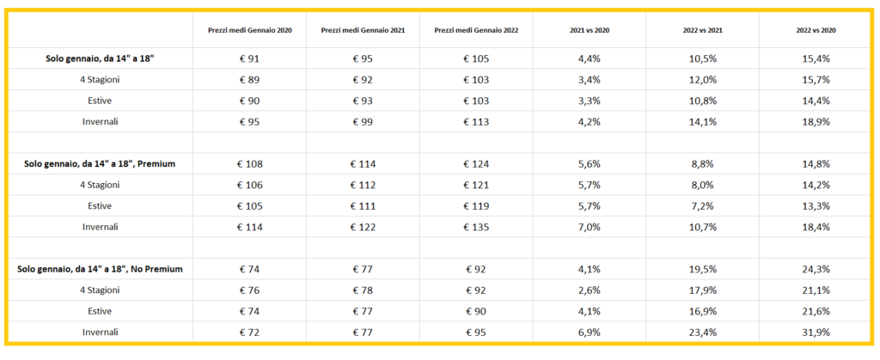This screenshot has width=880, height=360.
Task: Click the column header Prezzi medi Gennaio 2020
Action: (249, 30)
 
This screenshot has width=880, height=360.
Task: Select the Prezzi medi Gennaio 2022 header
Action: (476, 30)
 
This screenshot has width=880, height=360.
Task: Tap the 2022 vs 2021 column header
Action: (702, 30)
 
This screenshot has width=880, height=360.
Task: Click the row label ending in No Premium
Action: (100, 269)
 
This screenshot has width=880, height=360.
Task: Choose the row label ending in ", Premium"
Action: (100, 164)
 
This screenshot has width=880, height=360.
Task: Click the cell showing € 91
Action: (249, 58)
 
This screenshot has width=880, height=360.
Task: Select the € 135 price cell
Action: (476, 227)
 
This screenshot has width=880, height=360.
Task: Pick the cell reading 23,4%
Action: (702, 332)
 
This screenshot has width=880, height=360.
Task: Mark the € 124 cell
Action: (476, 164)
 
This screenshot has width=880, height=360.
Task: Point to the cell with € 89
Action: (249, 80)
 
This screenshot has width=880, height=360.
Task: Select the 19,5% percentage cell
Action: (702, 269)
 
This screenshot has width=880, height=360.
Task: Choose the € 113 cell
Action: (476, 122)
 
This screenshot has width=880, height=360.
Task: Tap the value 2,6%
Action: (589, 290)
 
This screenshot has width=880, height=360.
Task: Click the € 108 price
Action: (249, 164)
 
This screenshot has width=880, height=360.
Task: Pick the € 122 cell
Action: (363, 227)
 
